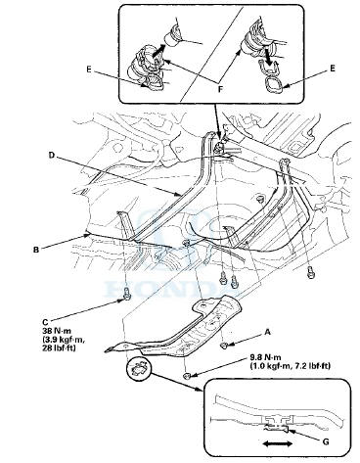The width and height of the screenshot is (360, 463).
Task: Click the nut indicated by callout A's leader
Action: (225, 345)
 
